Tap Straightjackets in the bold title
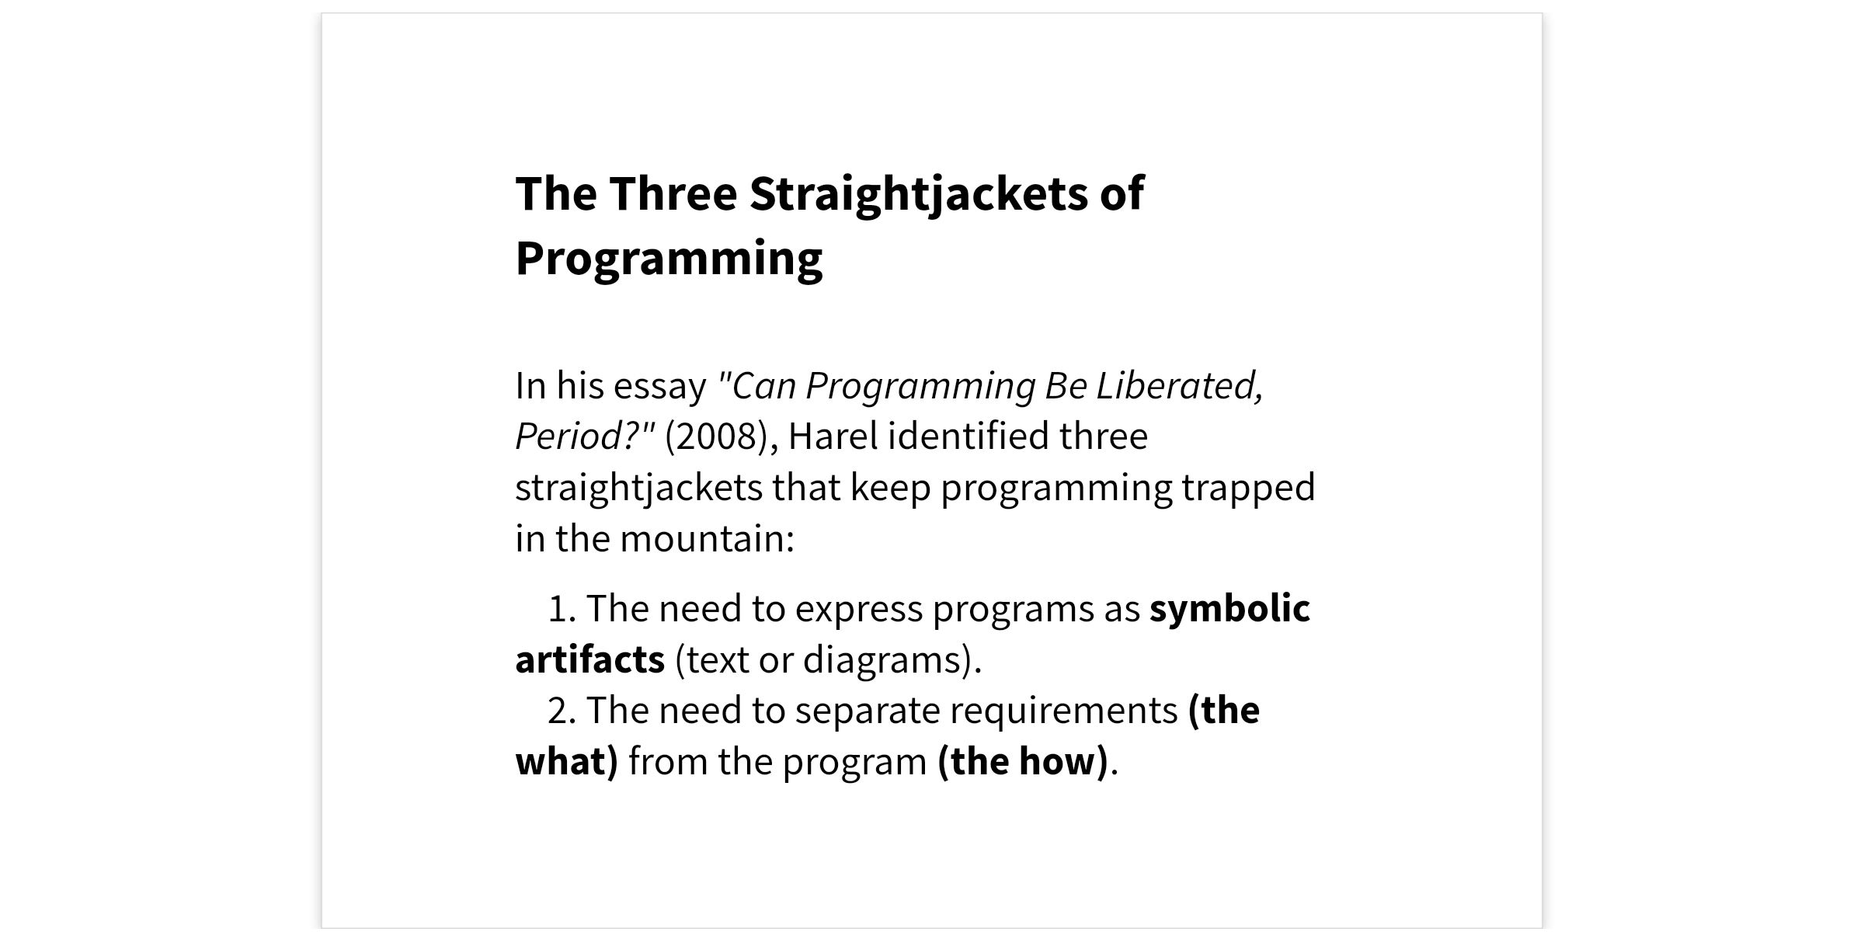click(918, 194)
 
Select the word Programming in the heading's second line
click(669, 259)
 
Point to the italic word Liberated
click(1180, 386)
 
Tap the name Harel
click(833, 436)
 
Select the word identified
click(969, 436)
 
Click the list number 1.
click(561, 609)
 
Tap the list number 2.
click(561, 711)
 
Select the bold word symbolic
click(1230, 609)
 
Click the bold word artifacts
click(590, 660)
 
